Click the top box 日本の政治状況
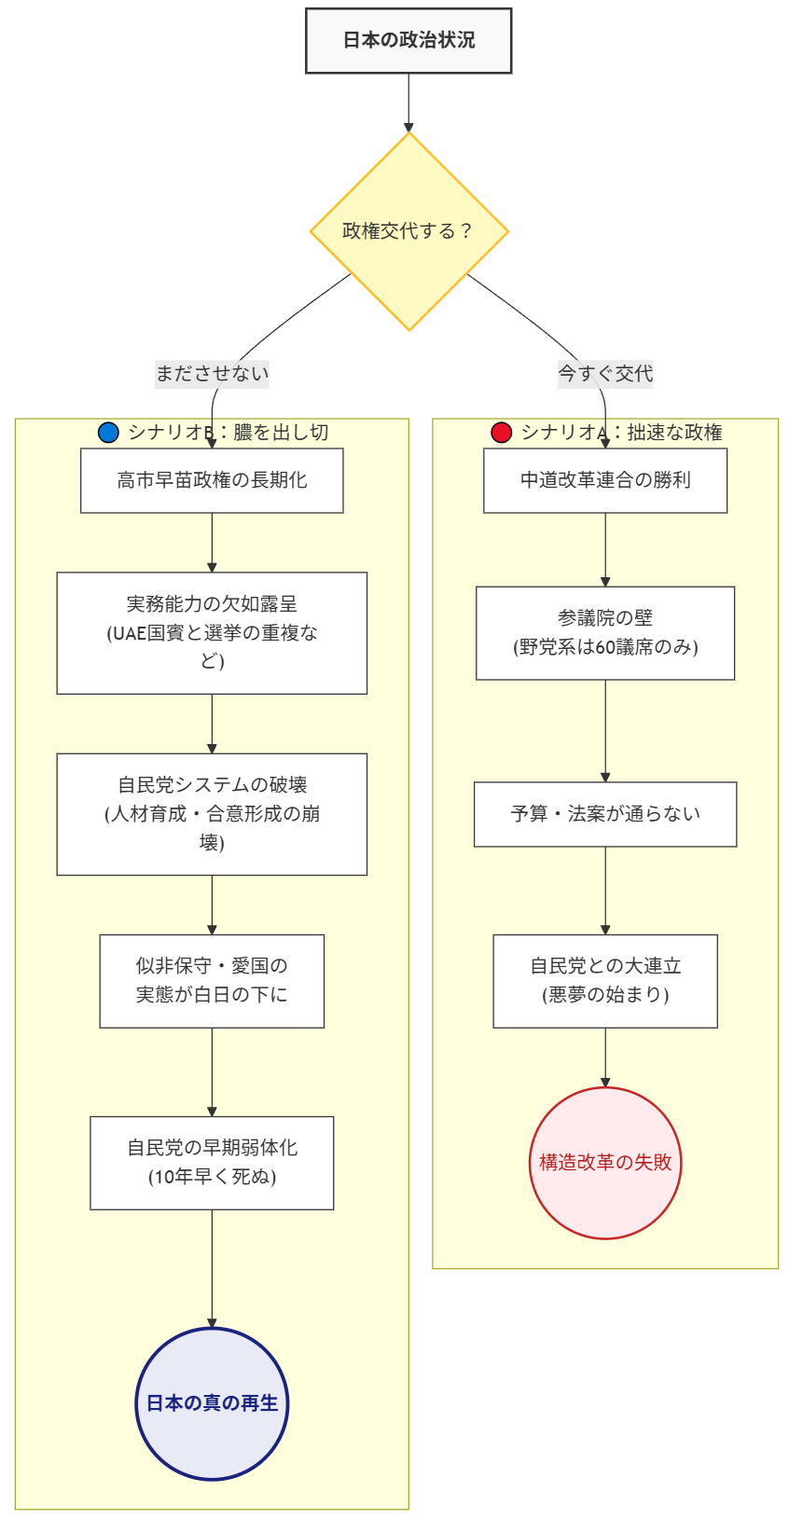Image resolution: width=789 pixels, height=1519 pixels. (408, 40)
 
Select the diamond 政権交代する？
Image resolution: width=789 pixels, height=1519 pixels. (408, 231)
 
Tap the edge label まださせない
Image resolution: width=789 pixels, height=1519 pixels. (212, 374)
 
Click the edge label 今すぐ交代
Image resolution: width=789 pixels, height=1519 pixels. (605, 374)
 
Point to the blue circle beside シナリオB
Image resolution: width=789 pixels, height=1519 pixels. (109, 433)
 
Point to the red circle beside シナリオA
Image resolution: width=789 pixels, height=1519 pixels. (502, 433)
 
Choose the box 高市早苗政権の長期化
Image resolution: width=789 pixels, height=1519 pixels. (212, 480)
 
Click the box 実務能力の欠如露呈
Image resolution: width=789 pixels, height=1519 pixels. (212, 632)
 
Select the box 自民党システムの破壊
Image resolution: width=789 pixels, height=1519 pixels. (212, 814)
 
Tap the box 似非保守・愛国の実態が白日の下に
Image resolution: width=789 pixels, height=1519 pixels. (212, 981)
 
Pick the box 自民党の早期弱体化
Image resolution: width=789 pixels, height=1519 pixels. (212, 1163)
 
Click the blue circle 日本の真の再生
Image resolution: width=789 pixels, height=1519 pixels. (212, 1403)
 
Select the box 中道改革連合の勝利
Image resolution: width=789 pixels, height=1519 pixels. (605, 480)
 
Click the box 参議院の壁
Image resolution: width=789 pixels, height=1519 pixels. (605, 632)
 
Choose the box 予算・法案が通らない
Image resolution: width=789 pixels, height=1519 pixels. (605, 814)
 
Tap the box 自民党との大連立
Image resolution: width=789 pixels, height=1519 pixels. (605, 981)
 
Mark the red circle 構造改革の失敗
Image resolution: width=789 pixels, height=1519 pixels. (605, 1163)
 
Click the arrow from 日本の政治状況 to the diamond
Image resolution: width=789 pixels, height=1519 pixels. (408, 103)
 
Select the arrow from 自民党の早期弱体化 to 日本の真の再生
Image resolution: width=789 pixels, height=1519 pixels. (212, 1268)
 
